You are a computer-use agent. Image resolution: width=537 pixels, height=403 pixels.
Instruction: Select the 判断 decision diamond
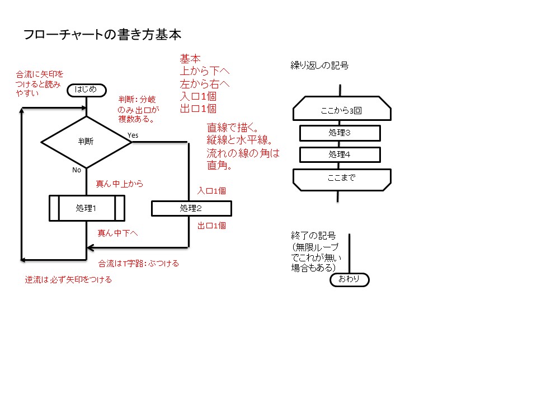click(86, 142)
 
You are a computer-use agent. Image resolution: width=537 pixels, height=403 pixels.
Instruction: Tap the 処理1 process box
click(86, 208)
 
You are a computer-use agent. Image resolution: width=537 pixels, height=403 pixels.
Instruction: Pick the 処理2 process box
click(191, 208)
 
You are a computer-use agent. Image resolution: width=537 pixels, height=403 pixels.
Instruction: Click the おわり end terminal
click(350, 279)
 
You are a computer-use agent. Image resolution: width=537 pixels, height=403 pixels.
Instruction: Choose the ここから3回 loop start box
click(341, 110)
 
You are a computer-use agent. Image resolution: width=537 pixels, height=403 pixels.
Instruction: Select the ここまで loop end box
click(341, 179)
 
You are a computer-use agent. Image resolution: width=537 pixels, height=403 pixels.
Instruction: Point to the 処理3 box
click(340, 133)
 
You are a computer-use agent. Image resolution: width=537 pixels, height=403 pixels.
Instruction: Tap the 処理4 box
click(340, 154)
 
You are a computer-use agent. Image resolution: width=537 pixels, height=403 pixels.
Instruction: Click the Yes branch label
click(133, 135)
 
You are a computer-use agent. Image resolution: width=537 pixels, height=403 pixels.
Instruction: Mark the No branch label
click(77, 170)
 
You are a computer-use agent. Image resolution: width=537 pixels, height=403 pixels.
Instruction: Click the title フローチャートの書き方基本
click(102, 35)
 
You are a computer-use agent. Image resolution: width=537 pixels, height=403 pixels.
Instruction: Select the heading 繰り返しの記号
click(319, 65)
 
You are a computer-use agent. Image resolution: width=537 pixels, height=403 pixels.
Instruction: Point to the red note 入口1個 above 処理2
click(211, 191)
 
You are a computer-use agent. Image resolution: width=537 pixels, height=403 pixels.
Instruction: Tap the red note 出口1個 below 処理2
click(211, 226)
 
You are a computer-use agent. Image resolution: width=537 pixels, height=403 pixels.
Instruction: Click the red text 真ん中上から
click(120, 183)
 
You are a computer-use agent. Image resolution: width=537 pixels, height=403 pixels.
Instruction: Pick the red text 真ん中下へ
click(118, 233)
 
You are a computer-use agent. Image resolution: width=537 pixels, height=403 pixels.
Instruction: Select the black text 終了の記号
click(309, 235)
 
